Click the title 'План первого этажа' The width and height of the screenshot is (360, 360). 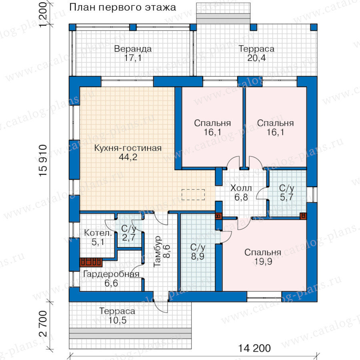click(123, 7)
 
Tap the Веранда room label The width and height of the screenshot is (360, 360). click(133, 49)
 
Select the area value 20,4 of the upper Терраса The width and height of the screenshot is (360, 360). click(256, 58)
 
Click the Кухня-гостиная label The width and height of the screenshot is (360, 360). click(128, 148)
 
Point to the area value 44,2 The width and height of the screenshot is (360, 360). click(128, 157)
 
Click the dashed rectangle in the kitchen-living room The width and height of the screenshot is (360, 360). click(193, 194)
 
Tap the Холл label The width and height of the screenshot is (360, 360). click(241, 188)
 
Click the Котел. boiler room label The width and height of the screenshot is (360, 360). click(98, 233)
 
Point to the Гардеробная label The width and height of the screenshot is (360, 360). click(111, 274)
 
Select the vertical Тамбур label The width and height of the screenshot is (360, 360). click(158, 252)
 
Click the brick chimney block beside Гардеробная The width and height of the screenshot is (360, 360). click(91, 262)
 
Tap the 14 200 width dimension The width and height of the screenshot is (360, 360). click(254, 348)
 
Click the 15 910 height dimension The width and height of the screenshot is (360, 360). click(43, 160)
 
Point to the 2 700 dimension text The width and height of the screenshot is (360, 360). click(43, 324)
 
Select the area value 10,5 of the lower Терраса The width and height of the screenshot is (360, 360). click(117, 320)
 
